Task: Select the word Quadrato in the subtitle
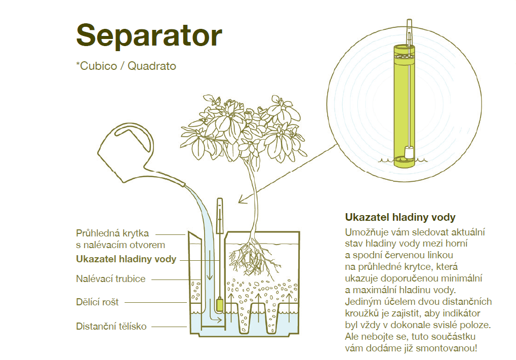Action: point(152,66)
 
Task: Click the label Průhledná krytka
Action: point(112,233)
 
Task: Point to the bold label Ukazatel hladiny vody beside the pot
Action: point(126,259)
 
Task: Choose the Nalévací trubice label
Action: point(110,278)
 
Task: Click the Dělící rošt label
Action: point(97,302)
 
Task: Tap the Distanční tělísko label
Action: point(111,326)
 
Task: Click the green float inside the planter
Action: point(219,304)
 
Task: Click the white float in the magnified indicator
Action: point(409,152)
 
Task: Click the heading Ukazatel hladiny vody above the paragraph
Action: point(400,217)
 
